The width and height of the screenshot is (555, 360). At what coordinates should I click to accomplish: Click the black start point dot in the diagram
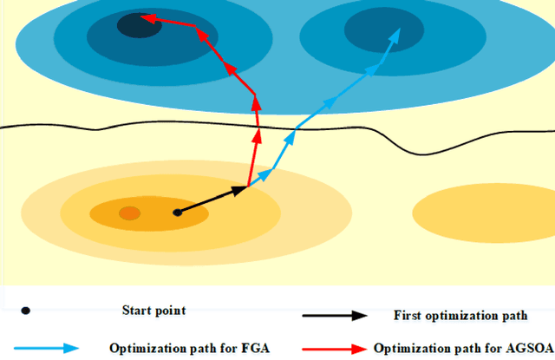(177, 212)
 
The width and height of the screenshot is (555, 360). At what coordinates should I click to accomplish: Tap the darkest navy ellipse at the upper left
(138, 26)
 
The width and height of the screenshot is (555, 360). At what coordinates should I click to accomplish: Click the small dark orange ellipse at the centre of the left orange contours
(129, 213)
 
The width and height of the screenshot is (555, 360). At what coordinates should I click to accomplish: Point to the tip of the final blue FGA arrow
(400, 30)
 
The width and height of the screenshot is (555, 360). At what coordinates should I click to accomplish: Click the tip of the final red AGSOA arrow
(143, 16)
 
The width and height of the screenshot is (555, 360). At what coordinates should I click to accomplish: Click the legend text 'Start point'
(153, 310)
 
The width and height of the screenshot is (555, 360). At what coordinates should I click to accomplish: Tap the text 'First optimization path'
(460, 317)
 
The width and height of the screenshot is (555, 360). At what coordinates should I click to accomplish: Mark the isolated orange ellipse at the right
(482, 212)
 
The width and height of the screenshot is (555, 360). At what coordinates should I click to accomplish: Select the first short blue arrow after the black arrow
(259, 178)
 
